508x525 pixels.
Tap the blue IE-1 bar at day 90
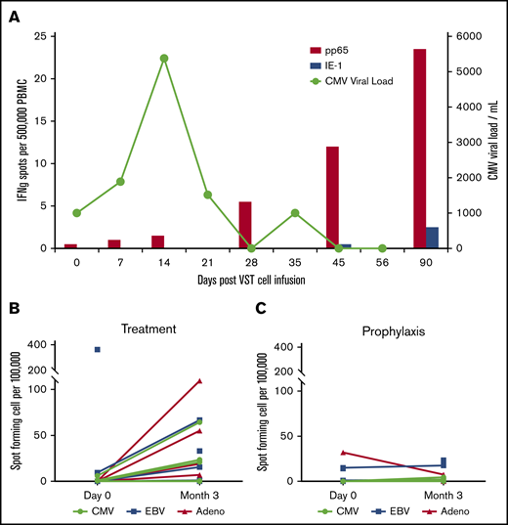coord(432,238)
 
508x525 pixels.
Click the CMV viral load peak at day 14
coord(164,58)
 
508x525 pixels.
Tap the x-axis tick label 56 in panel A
coord(382,262)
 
